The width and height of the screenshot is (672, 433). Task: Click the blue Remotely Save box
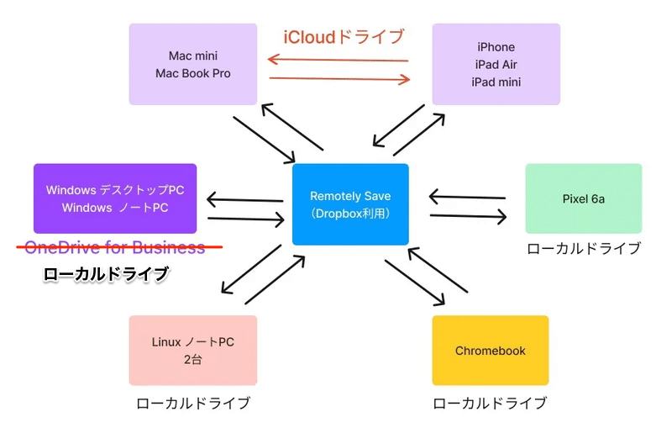(x=350, y=204)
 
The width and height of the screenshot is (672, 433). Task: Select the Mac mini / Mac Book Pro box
(x=193, y=65)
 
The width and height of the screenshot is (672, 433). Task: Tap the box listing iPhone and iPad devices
(x=496, y=65)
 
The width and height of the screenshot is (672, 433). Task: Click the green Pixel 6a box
(x=583, y=198)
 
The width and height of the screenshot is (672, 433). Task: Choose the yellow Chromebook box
(x=491, y=350)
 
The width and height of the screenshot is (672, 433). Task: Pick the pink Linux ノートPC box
(x=193, y=350)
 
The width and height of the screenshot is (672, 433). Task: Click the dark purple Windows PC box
(x=115, y=198)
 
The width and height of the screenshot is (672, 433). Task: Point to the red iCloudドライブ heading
(x=344, y=37)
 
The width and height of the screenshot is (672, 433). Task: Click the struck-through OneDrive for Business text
(x=115, y=247)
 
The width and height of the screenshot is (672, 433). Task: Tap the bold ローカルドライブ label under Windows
(x=106, y=274)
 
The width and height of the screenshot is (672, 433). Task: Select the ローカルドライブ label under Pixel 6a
(x=583, y=249)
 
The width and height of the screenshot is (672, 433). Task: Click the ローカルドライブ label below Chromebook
(x=490, y=404)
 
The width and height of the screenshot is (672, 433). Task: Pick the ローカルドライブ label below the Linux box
(x=193, y=404)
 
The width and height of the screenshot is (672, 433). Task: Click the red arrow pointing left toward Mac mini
(x=338, y=59)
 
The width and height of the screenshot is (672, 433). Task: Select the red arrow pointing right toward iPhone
(x=339, y=79)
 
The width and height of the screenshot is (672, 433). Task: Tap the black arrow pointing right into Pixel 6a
(x=468, y=216)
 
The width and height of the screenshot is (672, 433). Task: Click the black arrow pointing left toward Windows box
(x=244, y=199)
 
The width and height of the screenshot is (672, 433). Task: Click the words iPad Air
(x=496, y=65)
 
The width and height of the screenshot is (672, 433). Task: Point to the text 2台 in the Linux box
(x=193, y=360)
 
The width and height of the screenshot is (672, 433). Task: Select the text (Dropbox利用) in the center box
(x=350, y=214)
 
